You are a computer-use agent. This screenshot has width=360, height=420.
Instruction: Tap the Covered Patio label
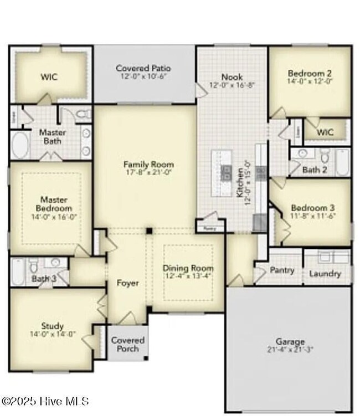point(143,69)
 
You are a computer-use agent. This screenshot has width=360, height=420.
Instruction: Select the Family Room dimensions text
point(148,173)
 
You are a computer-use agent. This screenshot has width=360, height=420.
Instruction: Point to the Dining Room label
point(187,268)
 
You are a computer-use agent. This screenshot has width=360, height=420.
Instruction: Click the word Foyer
point(127,283)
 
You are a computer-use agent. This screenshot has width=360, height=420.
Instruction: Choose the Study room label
point(52,326)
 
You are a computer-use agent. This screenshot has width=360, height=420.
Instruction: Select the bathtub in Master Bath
point(20,146)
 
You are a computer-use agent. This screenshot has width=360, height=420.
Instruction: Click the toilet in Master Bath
point(84,115)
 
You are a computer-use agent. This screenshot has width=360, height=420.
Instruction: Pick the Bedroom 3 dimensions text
point(312,217)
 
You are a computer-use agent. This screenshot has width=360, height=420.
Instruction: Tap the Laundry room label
point(325,274)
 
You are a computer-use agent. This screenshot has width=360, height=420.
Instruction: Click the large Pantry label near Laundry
point(281,271)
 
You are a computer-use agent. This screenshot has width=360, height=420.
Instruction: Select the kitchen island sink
point(226,173)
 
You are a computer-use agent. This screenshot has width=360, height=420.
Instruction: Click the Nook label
point(231,77)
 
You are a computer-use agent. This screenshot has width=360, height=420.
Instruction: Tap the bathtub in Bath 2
point(342,162)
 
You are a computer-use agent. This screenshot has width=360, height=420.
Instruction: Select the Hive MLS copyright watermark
point(45,401)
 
